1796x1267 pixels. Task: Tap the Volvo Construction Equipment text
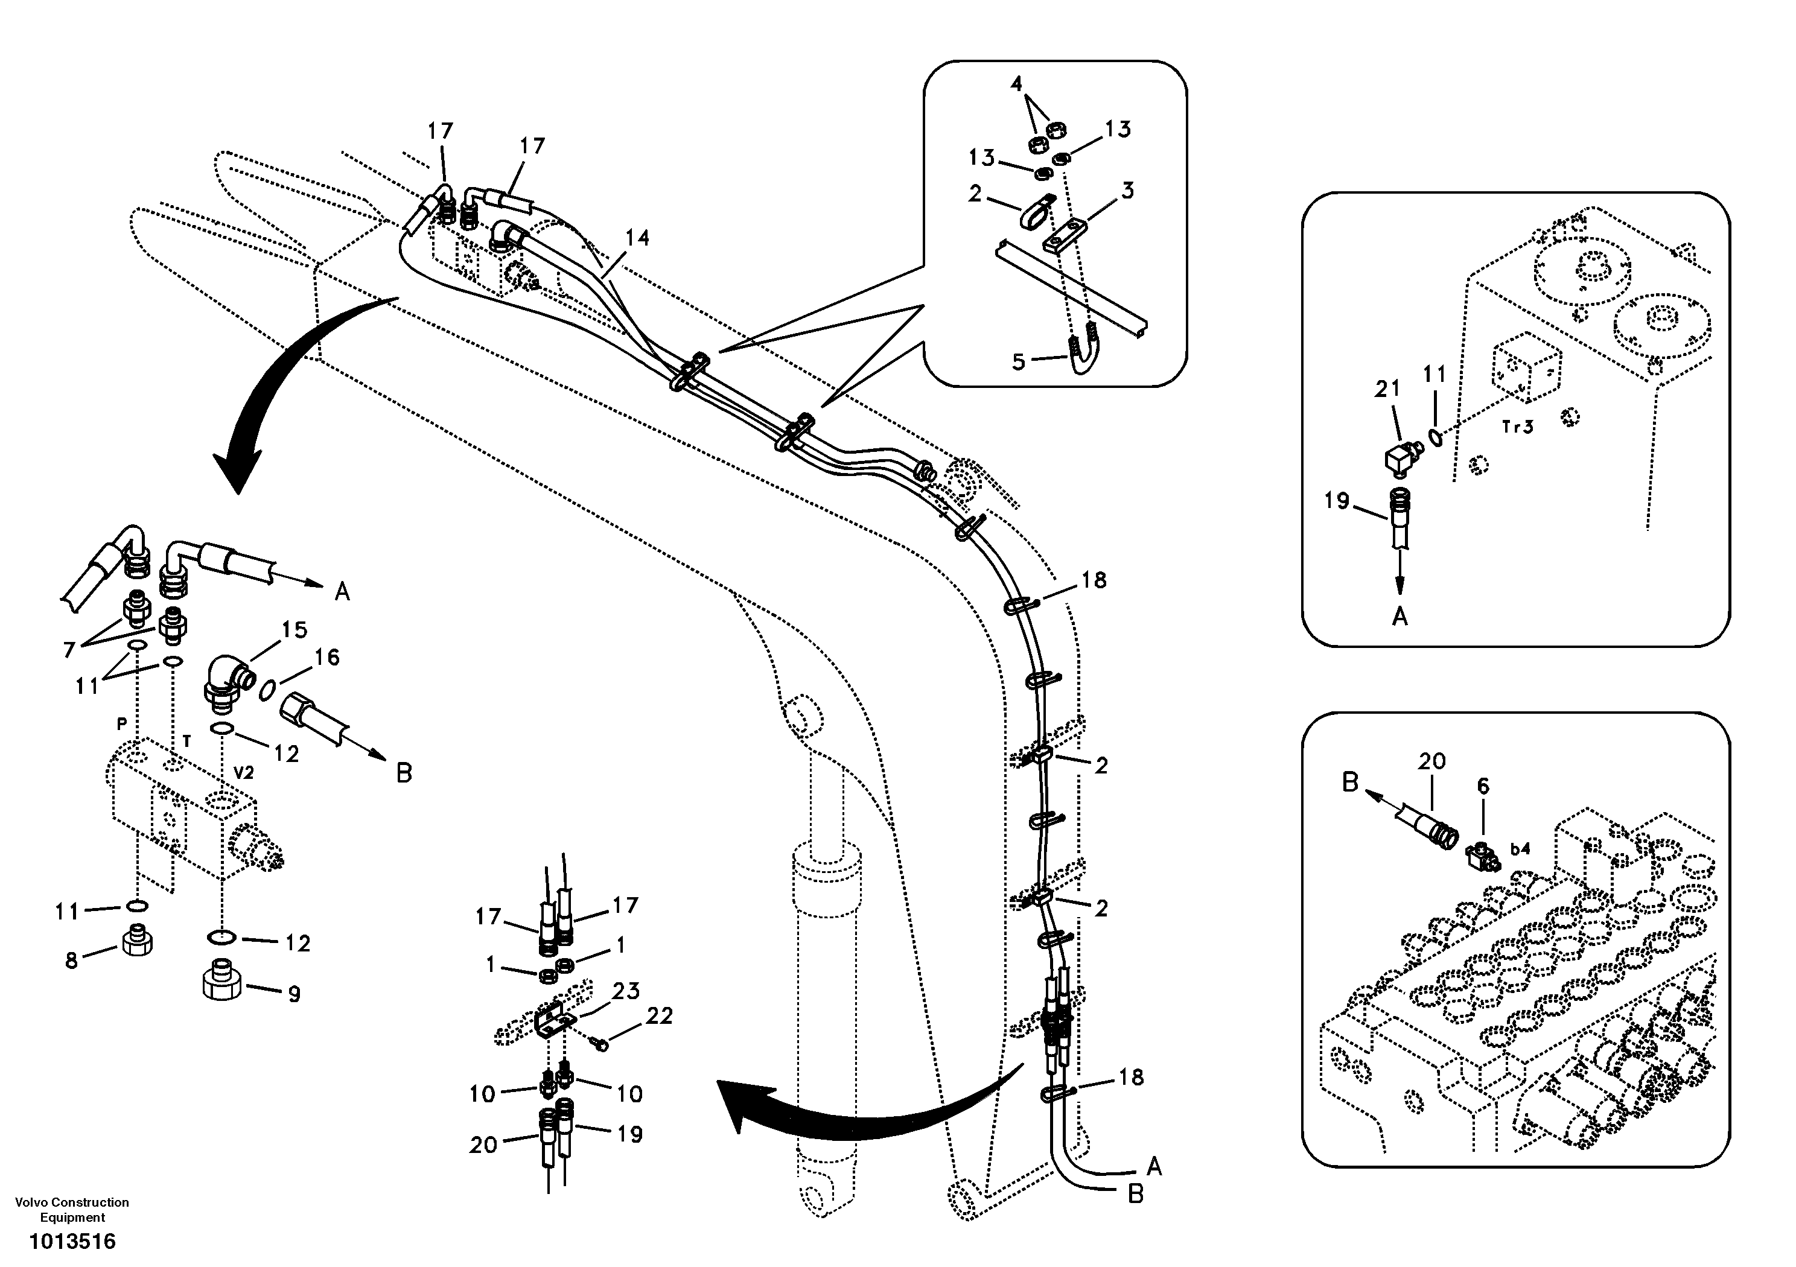tap(72, 1210)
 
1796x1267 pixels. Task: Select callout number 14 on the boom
tap(637, 238)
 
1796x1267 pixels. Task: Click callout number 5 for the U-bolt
tap(1019, 361)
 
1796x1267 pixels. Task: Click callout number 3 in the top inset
tap(1127, 190)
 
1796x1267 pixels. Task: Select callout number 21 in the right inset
tap(1387, 389)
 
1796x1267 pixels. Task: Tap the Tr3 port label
tap(1518, 427)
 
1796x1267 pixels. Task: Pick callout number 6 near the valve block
tap(1482, 786)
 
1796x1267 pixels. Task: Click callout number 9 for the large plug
tap(294, 995)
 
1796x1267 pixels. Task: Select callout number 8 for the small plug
tap(72, 961)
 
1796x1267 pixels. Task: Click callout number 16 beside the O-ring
tap(327, 658)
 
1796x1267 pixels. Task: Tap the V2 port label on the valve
tap(243, 773)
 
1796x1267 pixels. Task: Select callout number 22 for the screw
tap(660, 1016)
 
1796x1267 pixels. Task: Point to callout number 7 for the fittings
tap(69, 649)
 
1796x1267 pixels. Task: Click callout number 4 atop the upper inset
tap(1016, 84)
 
